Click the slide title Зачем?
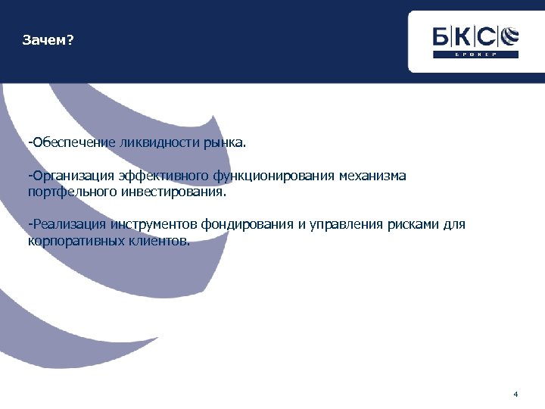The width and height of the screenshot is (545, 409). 48,40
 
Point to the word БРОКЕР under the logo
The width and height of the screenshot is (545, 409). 475,55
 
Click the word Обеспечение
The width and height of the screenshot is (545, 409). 72,142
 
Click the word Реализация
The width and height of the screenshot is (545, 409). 68,225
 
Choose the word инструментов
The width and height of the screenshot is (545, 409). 152,225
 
